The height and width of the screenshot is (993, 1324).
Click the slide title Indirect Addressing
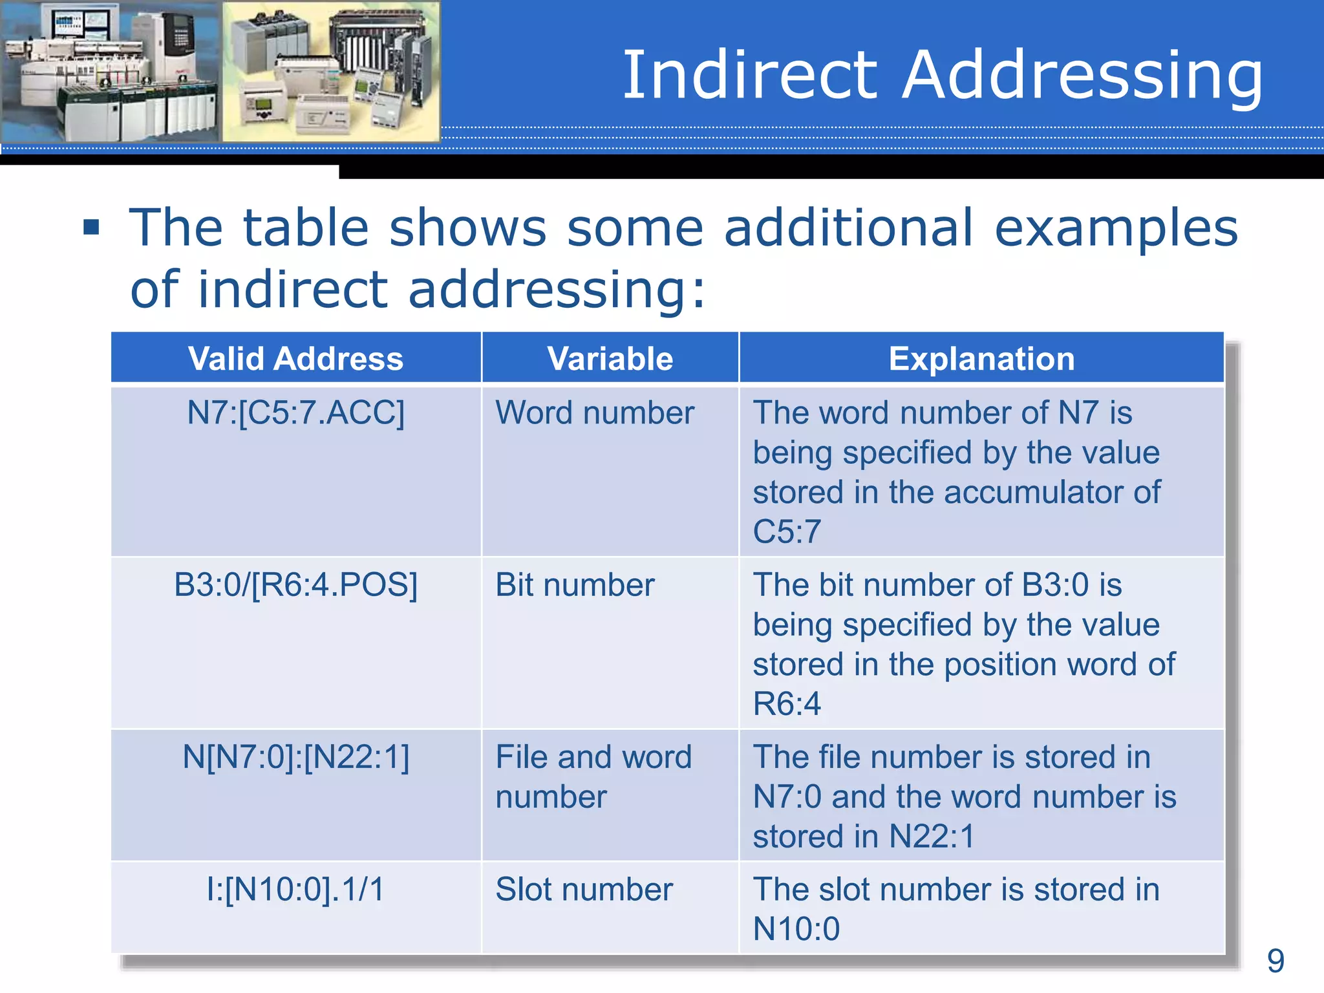[942, 75]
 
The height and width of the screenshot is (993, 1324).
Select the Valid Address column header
[295, 359]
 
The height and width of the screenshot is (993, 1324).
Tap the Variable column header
[610, 359]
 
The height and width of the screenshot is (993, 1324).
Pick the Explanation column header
[981, 359]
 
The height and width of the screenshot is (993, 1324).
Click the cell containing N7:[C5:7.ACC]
[295, 412]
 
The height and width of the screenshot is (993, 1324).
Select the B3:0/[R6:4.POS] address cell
[295, 585]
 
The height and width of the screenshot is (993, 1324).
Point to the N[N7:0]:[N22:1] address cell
[295, 757]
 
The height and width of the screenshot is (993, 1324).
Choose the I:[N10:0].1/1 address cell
[295, 890]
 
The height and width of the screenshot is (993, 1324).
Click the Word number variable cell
[595, 412]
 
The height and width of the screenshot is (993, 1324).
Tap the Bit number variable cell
[575, 585]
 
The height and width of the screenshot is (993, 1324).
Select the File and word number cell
[593, 776]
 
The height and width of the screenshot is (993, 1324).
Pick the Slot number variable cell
[584, 890]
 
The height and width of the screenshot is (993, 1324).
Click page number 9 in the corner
[1276, 961]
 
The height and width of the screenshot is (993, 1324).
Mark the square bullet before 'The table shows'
[91, 228]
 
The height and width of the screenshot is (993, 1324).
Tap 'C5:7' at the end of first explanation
[787, 532]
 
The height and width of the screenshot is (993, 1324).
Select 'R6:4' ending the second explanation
[787, 704]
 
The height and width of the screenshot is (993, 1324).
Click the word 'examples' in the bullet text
[1115, 229]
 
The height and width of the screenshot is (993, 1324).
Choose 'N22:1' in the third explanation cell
[932, 837]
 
